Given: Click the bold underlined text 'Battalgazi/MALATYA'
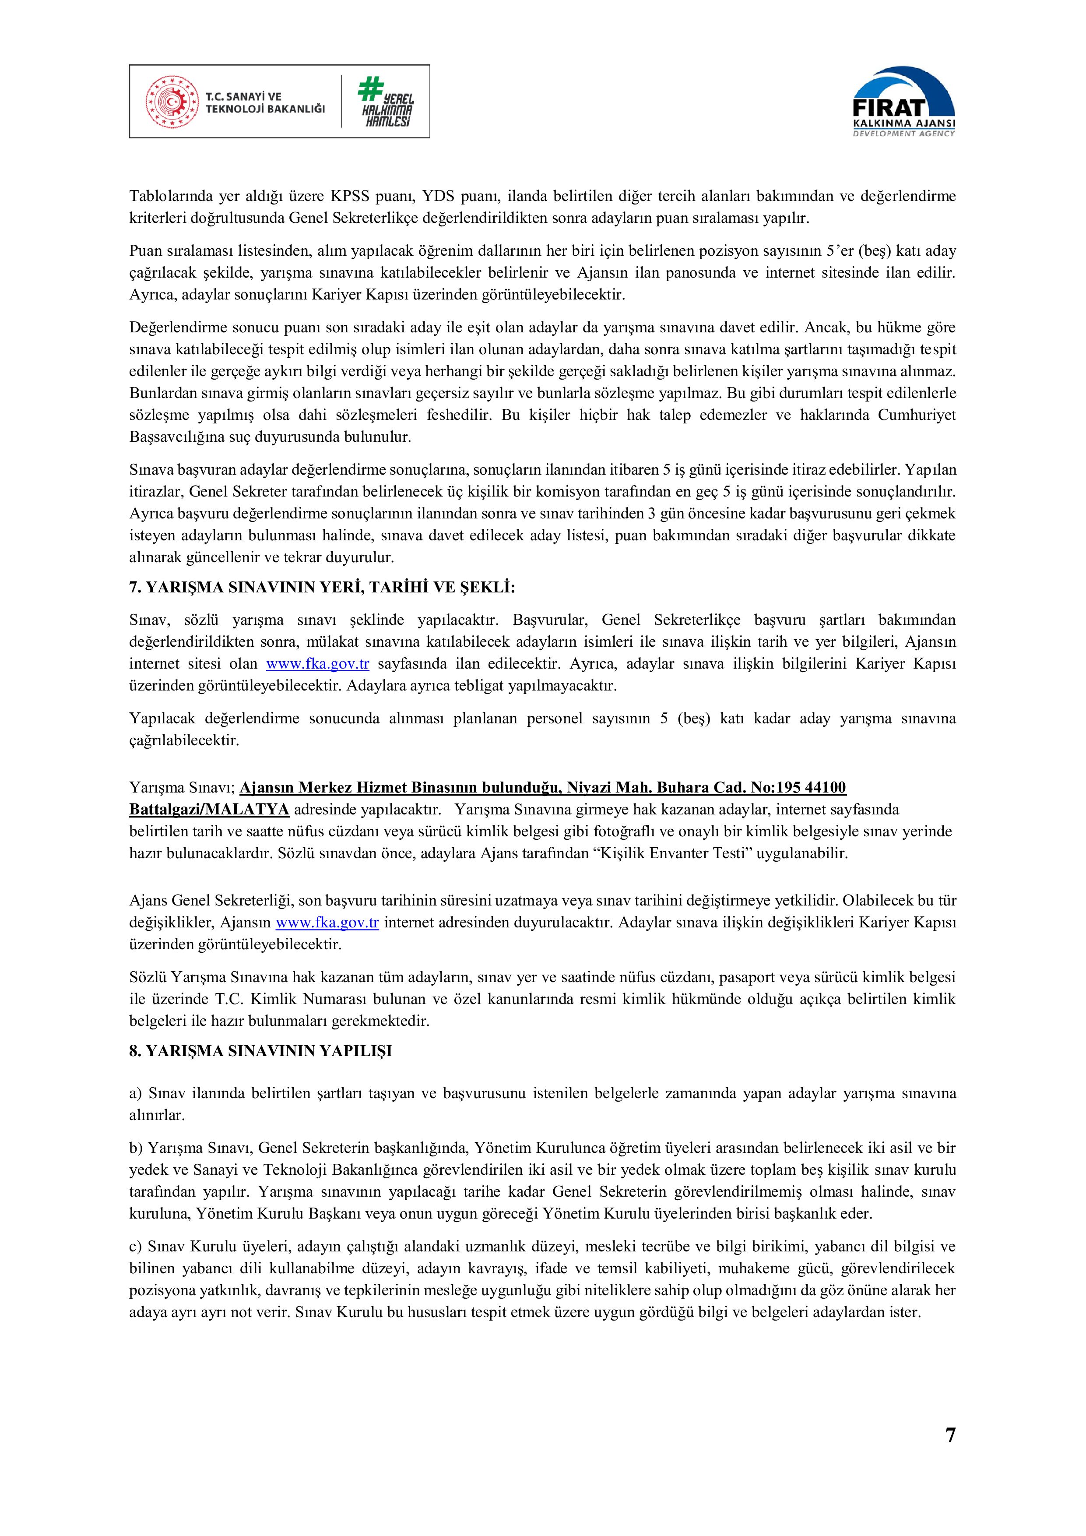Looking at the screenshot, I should [x=209, y=810].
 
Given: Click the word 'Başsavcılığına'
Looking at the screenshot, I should [x=175, y=437].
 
